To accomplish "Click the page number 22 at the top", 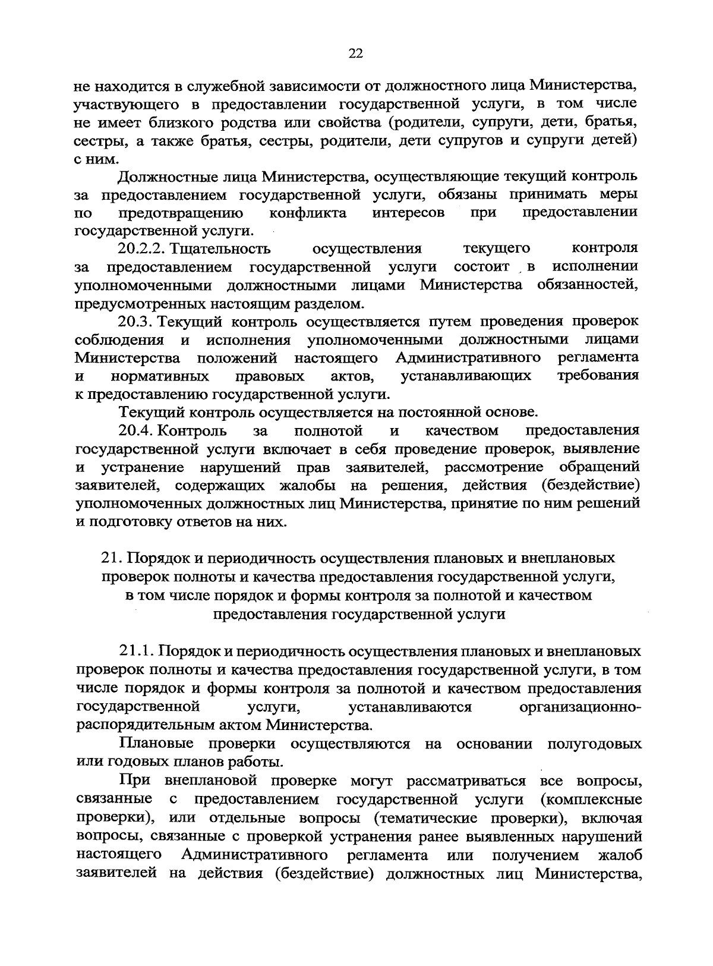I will tap(355, 54).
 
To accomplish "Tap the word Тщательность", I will tap(220, 248).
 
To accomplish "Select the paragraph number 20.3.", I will tap(137, 322).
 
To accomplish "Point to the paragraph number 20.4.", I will tap(137, 430).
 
